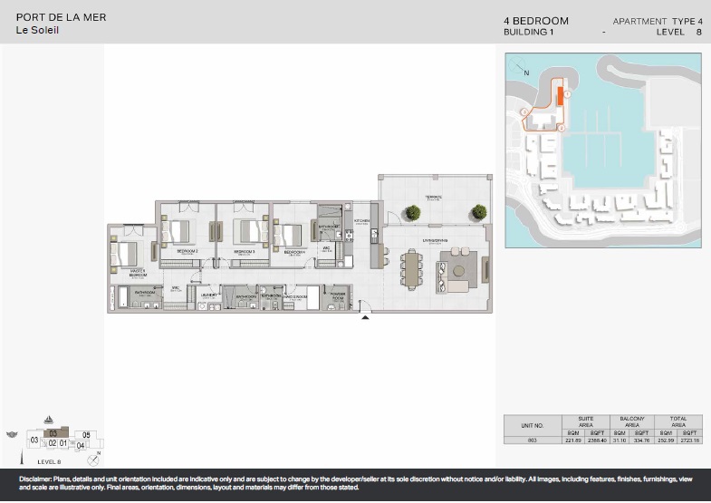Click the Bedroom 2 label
pyautogui.click(x=187, y=250)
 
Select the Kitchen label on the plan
pyautogui.click(x=361, y=220)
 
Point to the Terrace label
pyautogui.click(x=432, y=198)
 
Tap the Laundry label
pyautogui.click(x=209, y=295)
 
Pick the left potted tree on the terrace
pyautogui.click(x=413, y=212)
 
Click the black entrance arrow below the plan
pyautogui.click(x=365, y=317)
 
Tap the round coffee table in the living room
pyautogui.click(x=459, y=271)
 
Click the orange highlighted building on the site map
pyautogui.click(x=561, y=95)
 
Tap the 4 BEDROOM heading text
pyautogui.click(x=536, y=20)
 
